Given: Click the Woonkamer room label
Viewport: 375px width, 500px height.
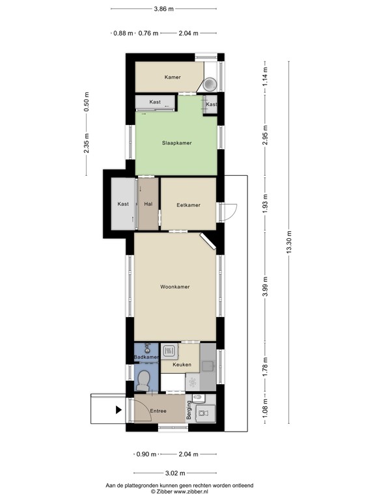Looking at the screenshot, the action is click(x=174, y=286).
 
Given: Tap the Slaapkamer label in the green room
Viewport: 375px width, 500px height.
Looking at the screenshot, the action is click(x=176, y=143).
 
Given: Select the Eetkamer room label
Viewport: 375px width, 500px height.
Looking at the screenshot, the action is click(x=188, y=205).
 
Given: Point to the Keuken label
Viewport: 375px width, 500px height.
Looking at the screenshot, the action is click(x=182, y=365).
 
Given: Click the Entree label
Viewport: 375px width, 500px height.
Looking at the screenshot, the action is click(x=158, y=411).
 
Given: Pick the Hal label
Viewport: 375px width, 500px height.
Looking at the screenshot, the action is click(x=148, y=204).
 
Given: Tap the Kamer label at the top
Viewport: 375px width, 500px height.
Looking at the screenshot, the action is click(x=173, y=77).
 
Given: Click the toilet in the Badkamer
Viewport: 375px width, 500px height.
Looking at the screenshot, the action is click(x=143, y=380).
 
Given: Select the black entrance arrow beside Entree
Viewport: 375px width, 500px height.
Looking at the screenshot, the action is click(x=118, y=410).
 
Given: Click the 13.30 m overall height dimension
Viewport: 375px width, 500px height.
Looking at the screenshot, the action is click(x=289, y=242).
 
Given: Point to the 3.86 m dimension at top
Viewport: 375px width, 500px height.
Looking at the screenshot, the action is click(x=164, y=9).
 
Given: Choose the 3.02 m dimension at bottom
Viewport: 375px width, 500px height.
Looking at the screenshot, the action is click(x=174, y=473).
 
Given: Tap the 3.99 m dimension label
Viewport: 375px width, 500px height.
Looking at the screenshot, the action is click(x=265, y=286).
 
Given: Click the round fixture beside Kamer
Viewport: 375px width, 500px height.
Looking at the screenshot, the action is click(x=210, y=84).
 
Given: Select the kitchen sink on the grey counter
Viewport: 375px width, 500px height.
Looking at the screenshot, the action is click(x=208, y=366).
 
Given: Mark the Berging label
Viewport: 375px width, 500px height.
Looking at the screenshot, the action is click(x=189, y=410).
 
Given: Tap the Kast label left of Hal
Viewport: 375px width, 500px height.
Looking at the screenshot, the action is click(x=123, y=204).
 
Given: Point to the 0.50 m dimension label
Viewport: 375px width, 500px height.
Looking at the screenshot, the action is click(x=87, y=102).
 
